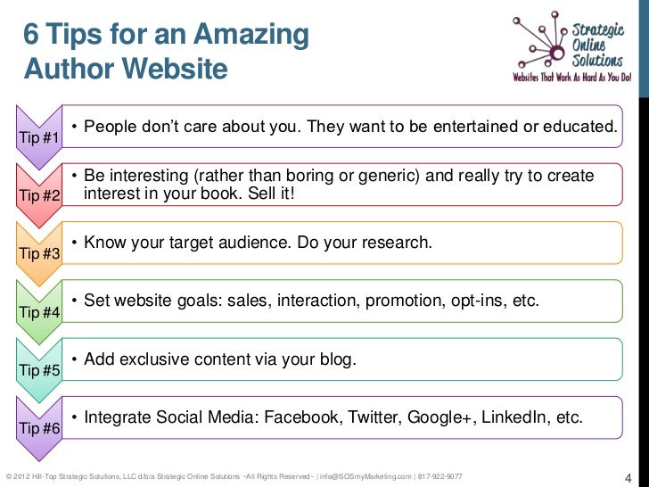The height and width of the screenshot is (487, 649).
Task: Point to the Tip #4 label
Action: pyautogui.click(x=39, y=313)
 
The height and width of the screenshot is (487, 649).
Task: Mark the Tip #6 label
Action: pyautogui.click(x=39, y=429)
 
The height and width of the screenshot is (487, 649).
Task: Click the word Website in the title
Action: pyautogui.click(x=173, y=68)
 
